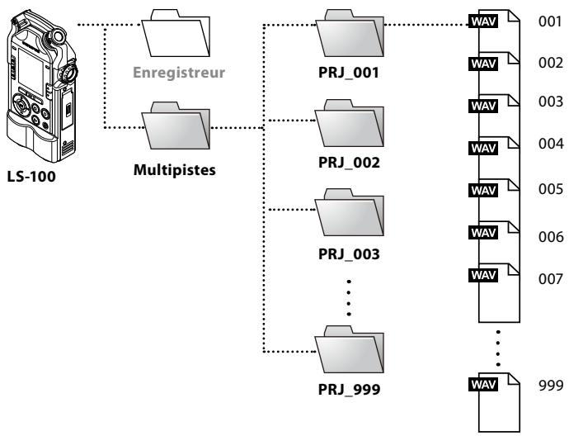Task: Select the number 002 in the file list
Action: pos(548,63)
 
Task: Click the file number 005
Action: pos(548,187)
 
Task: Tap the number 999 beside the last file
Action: pos(548,384)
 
